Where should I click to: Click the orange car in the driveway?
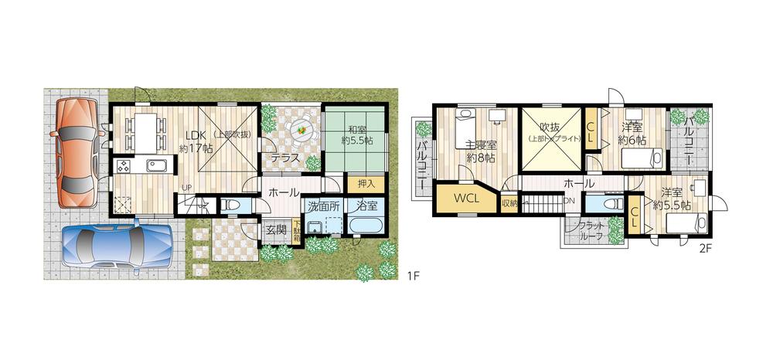74,153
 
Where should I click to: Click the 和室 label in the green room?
357,131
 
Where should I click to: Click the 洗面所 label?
324,206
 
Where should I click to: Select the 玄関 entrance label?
277,229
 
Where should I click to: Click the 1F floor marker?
414,275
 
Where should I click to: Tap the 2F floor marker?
705,249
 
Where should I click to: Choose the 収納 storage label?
509,203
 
